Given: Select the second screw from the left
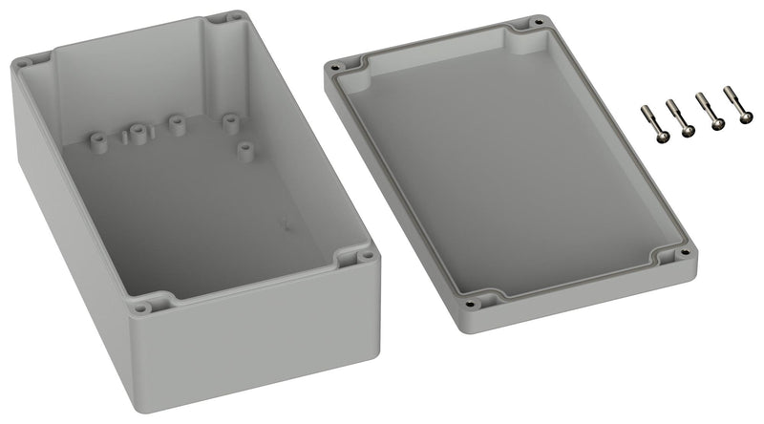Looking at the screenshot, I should [x=677, y=117].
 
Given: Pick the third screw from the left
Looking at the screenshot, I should [x=707, y=112].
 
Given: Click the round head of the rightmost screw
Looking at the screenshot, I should [x=744, y=118].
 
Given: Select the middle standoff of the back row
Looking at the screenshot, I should [x=176, y=124].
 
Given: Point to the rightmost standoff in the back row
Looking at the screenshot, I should [x=228, y=121].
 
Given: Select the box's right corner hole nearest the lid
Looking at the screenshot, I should [x=366, y=257].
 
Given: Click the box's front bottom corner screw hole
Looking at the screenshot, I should [x=141, y=307].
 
